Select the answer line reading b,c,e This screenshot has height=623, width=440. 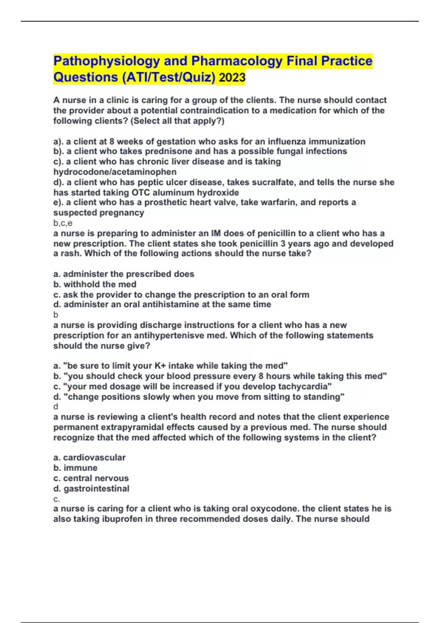[x=63, y=223]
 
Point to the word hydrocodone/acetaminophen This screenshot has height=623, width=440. [x=115, y=172]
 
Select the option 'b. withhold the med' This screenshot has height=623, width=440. [x=95, y=284]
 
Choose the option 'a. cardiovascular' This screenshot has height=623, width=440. [x=89, y=457]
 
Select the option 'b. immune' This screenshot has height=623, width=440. [x=75, y=468]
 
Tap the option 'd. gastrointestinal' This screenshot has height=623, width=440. [x=91, y=489]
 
